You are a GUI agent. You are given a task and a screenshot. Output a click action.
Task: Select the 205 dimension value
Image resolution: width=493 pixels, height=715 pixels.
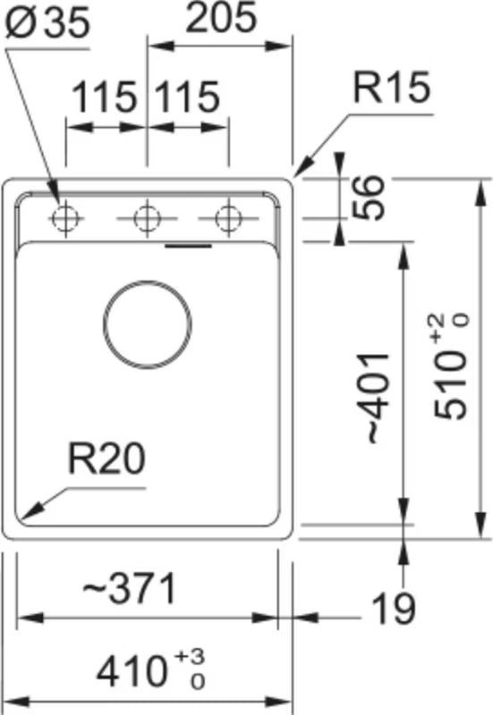coord(221,17)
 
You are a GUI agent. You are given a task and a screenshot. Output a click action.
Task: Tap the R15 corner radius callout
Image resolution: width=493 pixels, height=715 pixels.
coord(392,87)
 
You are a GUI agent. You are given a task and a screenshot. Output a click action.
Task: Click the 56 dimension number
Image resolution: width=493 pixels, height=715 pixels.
coord(369,198)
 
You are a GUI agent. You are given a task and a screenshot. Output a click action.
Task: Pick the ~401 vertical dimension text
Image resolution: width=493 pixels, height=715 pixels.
coord(377,398)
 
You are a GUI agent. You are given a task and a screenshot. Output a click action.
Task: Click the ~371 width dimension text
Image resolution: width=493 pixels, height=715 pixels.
coord(130,588)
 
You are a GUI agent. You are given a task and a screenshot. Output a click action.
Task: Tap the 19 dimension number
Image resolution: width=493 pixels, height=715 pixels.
coord(394,609)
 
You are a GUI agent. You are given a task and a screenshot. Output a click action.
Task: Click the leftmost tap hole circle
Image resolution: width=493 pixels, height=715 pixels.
coord(66,218)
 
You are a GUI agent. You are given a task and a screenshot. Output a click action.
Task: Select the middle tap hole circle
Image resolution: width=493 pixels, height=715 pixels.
coord(147,218)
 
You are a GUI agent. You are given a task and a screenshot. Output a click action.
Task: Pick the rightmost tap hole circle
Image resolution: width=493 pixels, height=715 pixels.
coord(228,218)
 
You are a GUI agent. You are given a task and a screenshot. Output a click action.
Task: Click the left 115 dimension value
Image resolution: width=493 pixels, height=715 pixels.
coord(105,97)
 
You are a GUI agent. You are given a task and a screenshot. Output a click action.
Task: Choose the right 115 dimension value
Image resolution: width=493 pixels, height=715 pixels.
coord(187,97)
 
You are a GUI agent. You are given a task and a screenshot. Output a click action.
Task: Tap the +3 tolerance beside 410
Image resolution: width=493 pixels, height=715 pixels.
coord(190,658)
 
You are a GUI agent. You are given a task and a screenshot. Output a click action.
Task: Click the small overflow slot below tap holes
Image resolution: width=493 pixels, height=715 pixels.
coord(188,247)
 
